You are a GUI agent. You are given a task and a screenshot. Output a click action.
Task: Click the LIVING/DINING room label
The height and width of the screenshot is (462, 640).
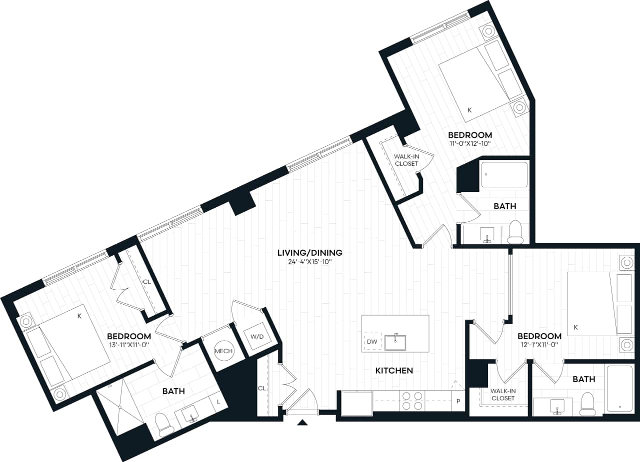pyautogui.click(x=310, y=253)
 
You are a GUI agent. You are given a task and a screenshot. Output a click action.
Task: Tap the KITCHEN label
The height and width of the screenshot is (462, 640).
pyautogui.click(x=394, y=370)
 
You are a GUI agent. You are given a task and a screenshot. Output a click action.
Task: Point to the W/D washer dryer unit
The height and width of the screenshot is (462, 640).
pyautogui.click(x=257, y=337)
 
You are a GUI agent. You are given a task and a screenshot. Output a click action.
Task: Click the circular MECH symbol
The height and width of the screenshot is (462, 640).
pyautogui.click(x=223, y=351)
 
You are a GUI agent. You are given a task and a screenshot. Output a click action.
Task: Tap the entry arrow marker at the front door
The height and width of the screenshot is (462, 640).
pyautogui.click(x=302, y=423)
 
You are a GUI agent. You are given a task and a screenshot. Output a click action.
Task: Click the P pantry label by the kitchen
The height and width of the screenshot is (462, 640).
pyautogui.click(x=458, y=402)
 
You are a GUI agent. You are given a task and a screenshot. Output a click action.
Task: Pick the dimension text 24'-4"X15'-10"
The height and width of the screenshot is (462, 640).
pyautogui.click(x=310, y=262)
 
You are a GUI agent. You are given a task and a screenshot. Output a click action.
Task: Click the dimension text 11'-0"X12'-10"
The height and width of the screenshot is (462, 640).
pyautogui.click(x=469, y=144)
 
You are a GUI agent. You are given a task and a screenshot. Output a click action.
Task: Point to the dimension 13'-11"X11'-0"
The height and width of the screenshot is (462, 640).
pyautogui.click(x=128, y=345)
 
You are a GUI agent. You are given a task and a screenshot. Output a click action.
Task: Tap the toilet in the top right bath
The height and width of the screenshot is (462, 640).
pyautogui.click(x=515, y=232)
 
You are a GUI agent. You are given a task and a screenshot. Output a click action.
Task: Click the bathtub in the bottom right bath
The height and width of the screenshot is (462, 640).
pyautogui.click(x=619, y=389)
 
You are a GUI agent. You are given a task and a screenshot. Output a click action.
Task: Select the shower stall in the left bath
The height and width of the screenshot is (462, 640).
pyautogui.click(x=119, y=407)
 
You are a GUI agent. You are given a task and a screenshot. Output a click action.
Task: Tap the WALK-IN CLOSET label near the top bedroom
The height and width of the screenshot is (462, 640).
pyautogui.click(x=406, y=160)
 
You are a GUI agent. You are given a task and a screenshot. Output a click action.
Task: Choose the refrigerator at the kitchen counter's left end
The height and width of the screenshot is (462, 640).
pyautogui.click(x=356, y=403)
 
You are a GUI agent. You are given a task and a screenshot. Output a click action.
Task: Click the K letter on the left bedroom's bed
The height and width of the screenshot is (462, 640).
pyautogui.click(x=79, y=316)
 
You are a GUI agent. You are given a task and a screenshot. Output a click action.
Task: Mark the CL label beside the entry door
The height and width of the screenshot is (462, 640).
pyautogui.click(x=261, y=388)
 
